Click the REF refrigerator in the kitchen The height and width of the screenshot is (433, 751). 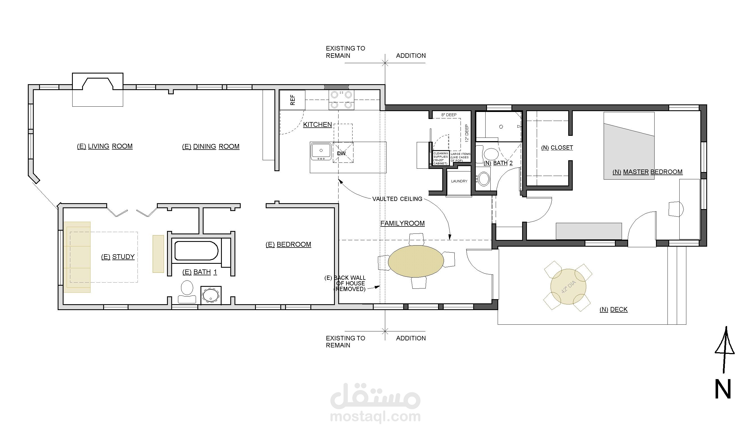click(292, 100)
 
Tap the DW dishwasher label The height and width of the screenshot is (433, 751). click(341, 154)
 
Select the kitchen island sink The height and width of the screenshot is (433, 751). click(321, 152)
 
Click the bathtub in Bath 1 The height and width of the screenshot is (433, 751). click(197, 251)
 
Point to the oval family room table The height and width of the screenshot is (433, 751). click(416, 261)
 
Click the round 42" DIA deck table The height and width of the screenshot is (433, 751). click(568, 287)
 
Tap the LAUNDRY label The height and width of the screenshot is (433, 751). click(459, 181)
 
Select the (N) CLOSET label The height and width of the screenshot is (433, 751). click(557, 148)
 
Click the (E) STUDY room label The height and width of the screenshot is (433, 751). click(118, 257)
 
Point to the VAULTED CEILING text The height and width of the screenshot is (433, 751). click(397, 199)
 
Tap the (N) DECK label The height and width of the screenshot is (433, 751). click(614, 309)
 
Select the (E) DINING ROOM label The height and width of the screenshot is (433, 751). click(211, 146)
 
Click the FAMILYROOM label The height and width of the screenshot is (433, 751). click(402, 223)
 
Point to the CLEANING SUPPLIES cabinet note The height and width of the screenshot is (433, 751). click(441, 159)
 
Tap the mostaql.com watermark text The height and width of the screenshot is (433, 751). click(375, 417)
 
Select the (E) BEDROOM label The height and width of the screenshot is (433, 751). click(288, 244)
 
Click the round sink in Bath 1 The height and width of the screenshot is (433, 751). click(211, 295)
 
